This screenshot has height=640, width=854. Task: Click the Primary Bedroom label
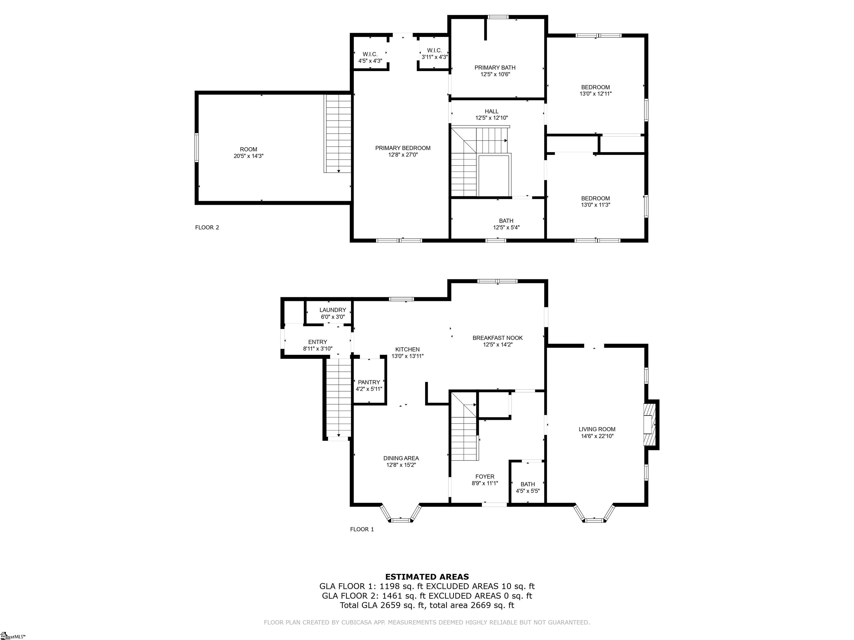[x=403, y=148]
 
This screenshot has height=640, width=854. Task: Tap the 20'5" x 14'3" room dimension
[x=248, y=156]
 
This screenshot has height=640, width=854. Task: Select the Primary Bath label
[x=495, y=67]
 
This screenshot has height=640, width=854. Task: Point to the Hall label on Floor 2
[x=491, y=111]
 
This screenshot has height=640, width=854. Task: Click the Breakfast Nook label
[x=498, y=338]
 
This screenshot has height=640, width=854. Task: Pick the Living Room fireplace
[x=651, y=424]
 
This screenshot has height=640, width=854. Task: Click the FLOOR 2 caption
[x=207, y=227]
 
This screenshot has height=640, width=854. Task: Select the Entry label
[x=318, y=342]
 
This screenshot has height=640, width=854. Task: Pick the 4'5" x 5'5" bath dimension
[x=528, y=491]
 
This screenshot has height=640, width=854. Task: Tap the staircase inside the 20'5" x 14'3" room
[x=338, y=134]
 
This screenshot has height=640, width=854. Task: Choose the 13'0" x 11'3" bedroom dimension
[x=596, y=205]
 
